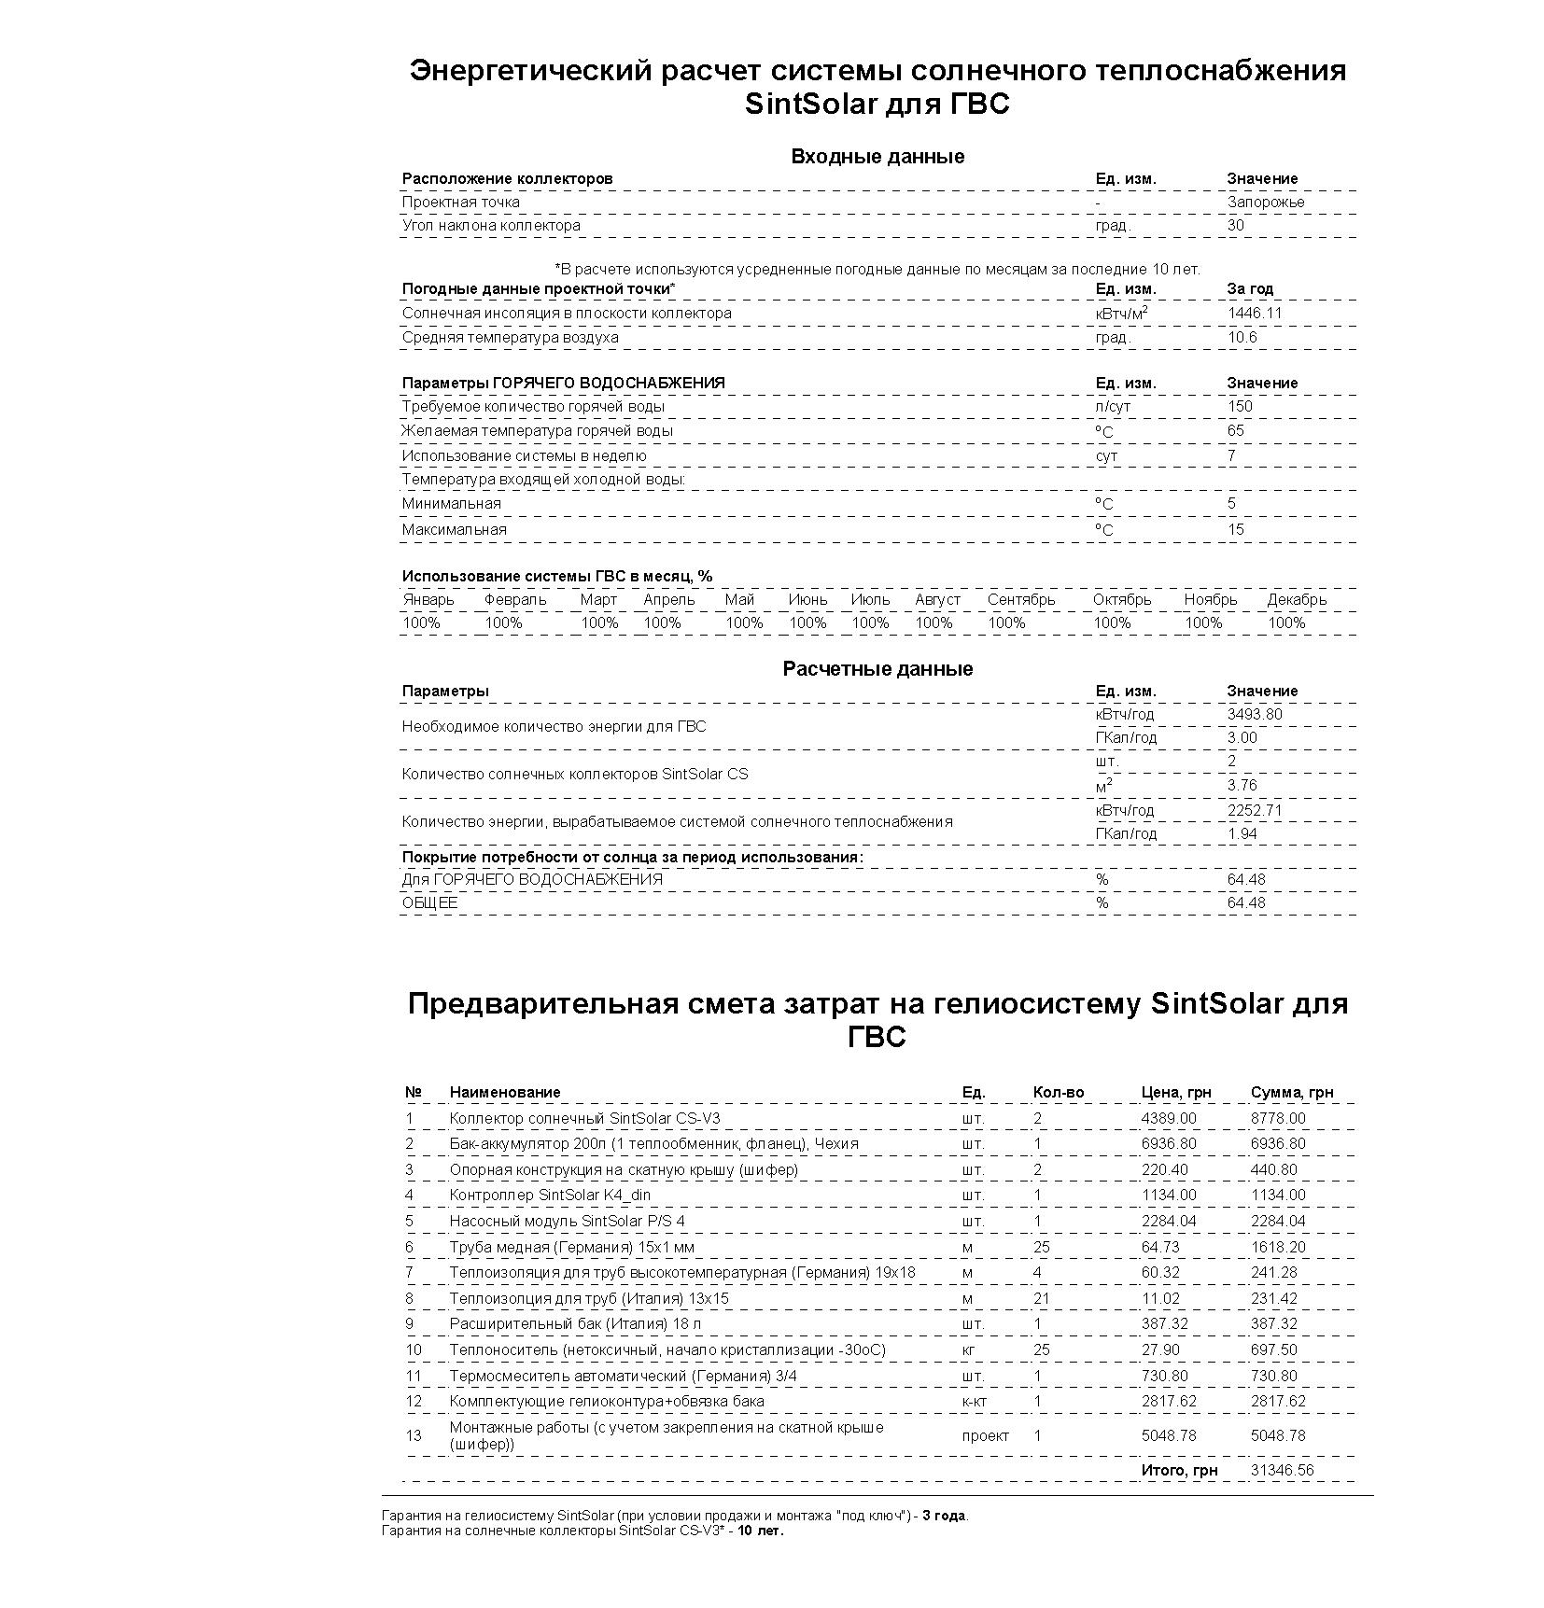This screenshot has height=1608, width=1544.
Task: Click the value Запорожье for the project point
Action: pos(1265,203)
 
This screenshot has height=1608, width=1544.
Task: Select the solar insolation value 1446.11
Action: pos(1254,314)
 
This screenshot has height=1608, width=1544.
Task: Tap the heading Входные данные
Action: pos(877,157)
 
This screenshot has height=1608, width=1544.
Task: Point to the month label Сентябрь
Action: pos(1020,600)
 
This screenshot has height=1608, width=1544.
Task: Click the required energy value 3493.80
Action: pos(1254,715)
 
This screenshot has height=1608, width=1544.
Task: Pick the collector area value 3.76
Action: pos(1242,785)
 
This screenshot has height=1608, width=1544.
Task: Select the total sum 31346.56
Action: pos(1282,1470)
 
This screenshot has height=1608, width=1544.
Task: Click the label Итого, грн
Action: pos(1179,1470)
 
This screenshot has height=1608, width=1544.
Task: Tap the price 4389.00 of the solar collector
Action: pos(1168,1118)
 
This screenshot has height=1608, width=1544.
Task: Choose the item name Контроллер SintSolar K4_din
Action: pos(550,1195)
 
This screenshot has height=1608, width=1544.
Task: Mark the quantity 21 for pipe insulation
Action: pos(1042,1298)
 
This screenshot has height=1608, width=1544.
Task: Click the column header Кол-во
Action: pos(1058,1092)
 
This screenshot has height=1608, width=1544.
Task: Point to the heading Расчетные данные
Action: pos(877,669)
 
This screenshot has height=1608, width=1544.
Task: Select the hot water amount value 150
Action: pos(1240,406)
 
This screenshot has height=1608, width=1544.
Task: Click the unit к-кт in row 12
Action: pos(975,1401)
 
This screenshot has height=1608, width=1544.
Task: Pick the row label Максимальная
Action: pos(454,530)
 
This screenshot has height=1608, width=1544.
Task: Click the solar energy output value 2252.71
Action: pos(1254,810)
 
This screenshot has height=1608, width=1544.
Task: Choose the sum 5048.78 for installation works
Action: pos(1277,1435)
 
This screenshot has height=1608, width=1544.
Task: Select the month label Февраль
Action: pos(514,600)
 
